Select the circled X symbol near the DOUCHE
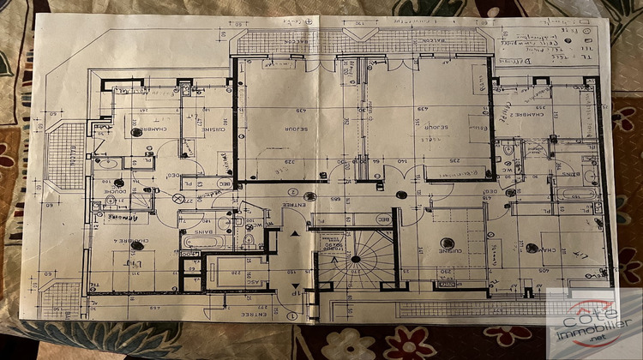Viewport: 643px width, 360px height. click(178, 197)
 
